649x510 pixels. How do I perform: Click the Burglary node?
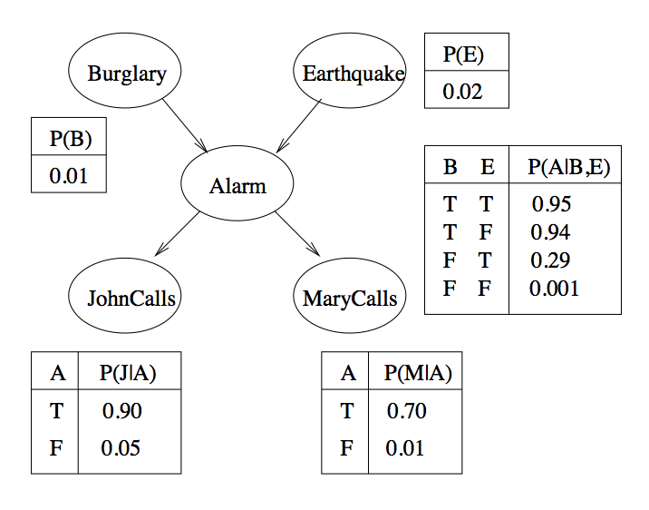click(x=124, y=71)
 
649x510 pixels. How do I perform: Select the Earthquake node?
click(x=350, y=71)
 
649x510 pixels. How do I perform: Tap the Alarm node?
click(x=237, y=183)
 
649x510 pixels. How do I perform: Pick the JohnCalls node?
click(x=124, y=296)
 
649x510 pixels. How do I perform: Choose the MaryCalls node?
click(x=350, y=296)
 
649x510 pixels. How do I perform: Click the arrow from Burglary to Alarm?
click(x=185, y=125)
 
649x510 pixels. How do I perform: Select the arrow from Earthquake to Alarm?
click(x=299, y=125)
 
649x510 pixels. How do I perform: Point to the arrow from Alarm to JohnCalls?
click(x=177, y=234)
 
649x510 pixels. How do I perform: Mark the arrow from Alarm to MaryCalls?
click(x=297, y=234)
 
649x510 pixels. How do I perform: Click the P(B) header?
click(x=71, y=138)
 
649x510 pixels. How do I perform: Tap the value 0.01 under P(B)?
click(x=68, y=176)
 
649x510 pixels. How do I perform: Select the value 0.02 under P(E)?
click(x=462, y=92)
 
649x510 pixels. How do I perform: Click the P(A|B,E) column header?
click(x=568, y=167)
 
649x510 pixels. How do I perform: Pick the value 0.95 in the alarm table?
click(x=551, y=204)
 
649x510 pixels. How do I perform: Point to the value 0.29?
click(x=550, y=260)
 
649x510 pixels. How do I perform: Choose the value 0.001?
click(x=554, y=289)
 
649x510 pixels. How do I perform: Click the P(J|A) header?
click(x=128, y=373)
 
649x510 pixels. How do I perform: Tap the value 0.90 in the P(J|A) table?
click(x=122, y=410)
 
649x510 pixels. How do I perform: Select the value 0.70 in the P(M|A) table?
click(x=406, y=410)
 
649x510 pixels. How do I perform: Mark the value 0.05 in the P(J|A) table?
click(x=121, y=448)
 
